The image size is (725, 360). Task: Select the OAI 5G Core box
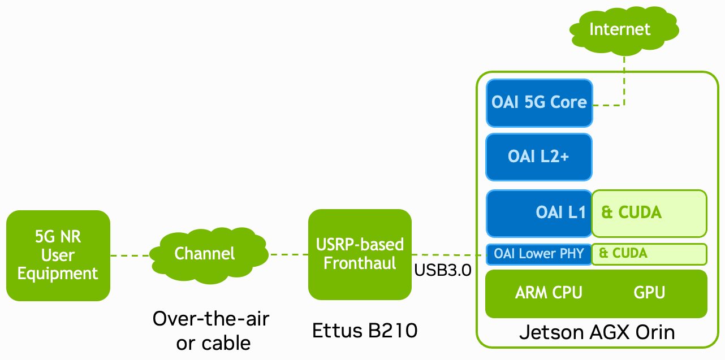(x=539, y=103)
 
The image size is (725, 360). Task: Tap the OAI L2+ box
(x=539, y=157)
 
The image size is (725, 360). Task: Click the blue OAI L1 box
(x=539, y=213)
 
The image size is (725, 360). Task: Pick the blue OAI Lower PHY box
(x=539, y=254)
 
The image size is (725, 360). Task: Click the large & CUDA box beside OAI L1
(x=649, y=213)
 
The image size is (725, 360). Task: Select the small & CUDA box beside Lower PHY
(x=649, y=254)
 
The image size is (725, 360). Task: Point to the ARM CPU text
(x=549, y=293)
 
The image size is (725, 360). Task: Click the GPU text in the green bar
(x=649, y=293)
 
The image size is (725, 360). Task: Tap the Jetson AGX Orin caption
(x=597, y=332)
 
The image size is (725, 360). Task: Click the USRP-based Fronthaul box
(x=360, y=254)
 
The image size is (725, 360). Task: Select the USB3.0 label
(x=443, y=270)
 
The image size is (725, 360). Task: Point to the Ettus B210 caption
(x=365, y=330)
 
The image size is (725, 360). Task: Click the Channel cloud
(x=205, y=254)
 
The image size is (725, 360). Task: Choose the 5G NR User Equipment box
(x=58, y=255)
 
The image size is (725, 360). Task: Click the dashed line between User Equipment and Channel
(x=130, y=255)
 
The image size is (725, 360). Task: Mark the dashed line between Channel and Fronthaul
(x=288, y=254)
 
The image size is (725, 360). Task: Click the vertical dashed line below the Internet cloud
(x=625, y=79)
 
